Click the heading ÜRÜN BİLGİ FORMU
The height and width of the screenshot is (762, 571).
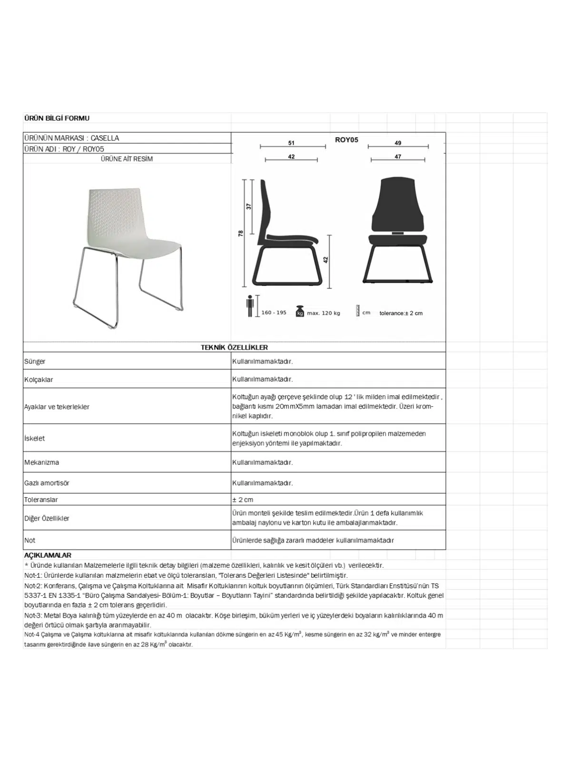pos(57,118)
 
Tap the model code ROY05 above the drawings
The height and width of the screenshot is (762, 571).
pos(346,140)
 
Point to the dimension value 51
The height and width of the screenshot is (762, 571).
pos(291,143)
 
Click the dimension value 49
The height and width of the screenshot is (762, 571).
pos(398,143)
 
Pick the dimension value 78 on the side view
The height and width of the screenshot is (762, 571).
pos(241,233)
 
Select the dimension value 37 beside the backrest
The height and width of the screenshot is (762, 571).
pos(248,206)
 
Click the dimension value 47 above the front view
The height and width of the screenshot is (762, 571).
pos(398,156)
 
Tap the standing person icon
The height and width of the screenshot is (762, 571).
pos(250,306)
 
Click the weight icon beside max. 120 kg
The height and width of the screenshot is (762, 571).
pos(300,311)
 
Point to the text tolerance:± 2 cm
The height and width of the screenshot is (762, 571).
pos(401,313)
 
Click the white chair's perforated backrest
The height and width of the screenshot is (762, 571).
pos(114,210)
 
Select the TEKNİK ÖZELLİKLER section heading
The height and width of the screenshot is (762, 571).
pos(234,348)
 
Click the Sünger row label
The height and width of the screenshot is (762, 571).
pos(35,361)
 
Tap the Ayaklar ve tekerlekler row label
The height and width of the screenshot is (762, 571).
pos(57,407)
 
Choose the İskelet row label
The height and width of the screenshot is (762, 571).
pos(34,438)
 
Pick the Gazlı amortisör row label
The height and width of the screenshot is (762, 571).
pos(47,483)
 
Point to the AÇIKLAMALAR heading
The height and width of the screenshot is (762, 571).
pos(48,555)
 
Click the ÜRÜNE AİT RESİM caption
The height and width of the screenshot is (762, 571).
pos(127,159)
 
